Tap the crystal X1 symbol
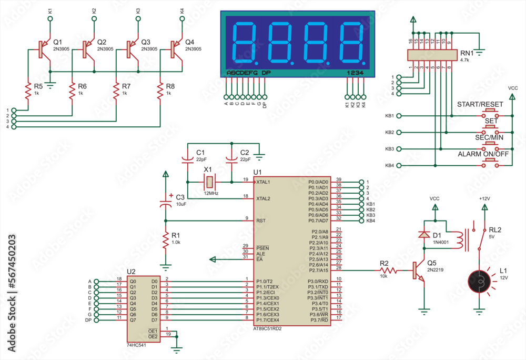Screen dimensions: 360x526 tap(209, 182)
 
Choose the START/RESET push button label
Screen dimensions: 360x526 tap(480, 104)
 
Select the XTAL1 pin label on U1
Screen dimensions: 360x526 tap(263, 182)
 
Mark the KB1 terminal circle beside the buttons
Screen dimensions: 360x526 tap(399, 116)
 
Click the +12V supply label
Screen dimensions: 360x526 tap(484, 198)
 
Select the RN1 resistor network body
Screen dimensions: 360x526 tap(431, 55)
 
